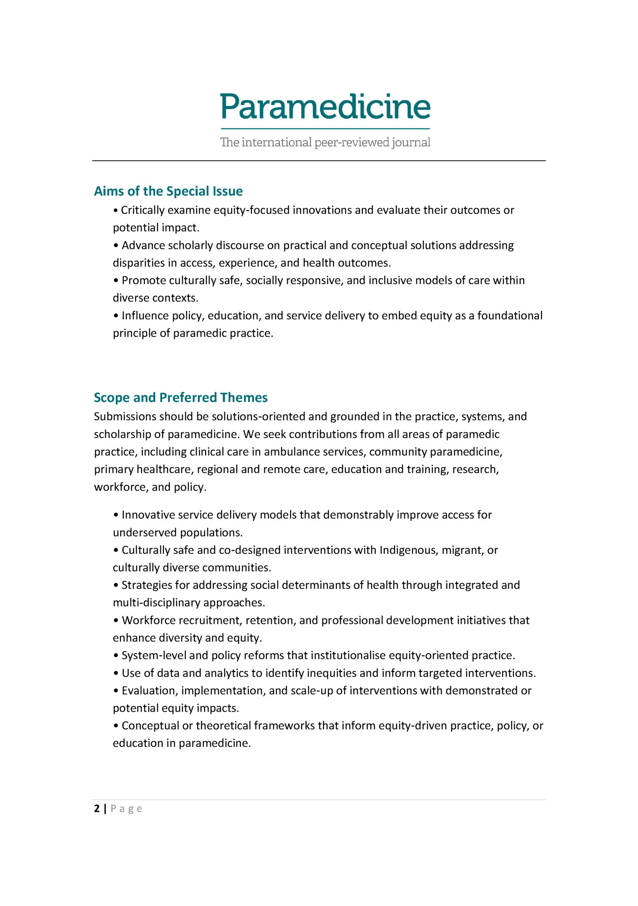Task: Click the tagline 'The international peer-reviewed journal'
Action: point(325,143)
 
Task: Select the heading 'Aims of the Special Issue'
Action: point(168,191)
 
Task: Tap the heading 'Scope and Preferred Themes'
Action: point(180,398)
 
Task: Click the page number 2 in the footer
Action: point(97,809)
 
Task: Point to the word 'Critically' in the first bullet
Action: point(143,210)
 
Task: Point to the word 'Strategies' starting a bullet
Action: point(145,585)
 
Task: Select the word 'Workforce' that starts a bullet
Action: point(147,621)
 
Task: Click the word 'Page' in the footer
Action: point(126,809)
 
